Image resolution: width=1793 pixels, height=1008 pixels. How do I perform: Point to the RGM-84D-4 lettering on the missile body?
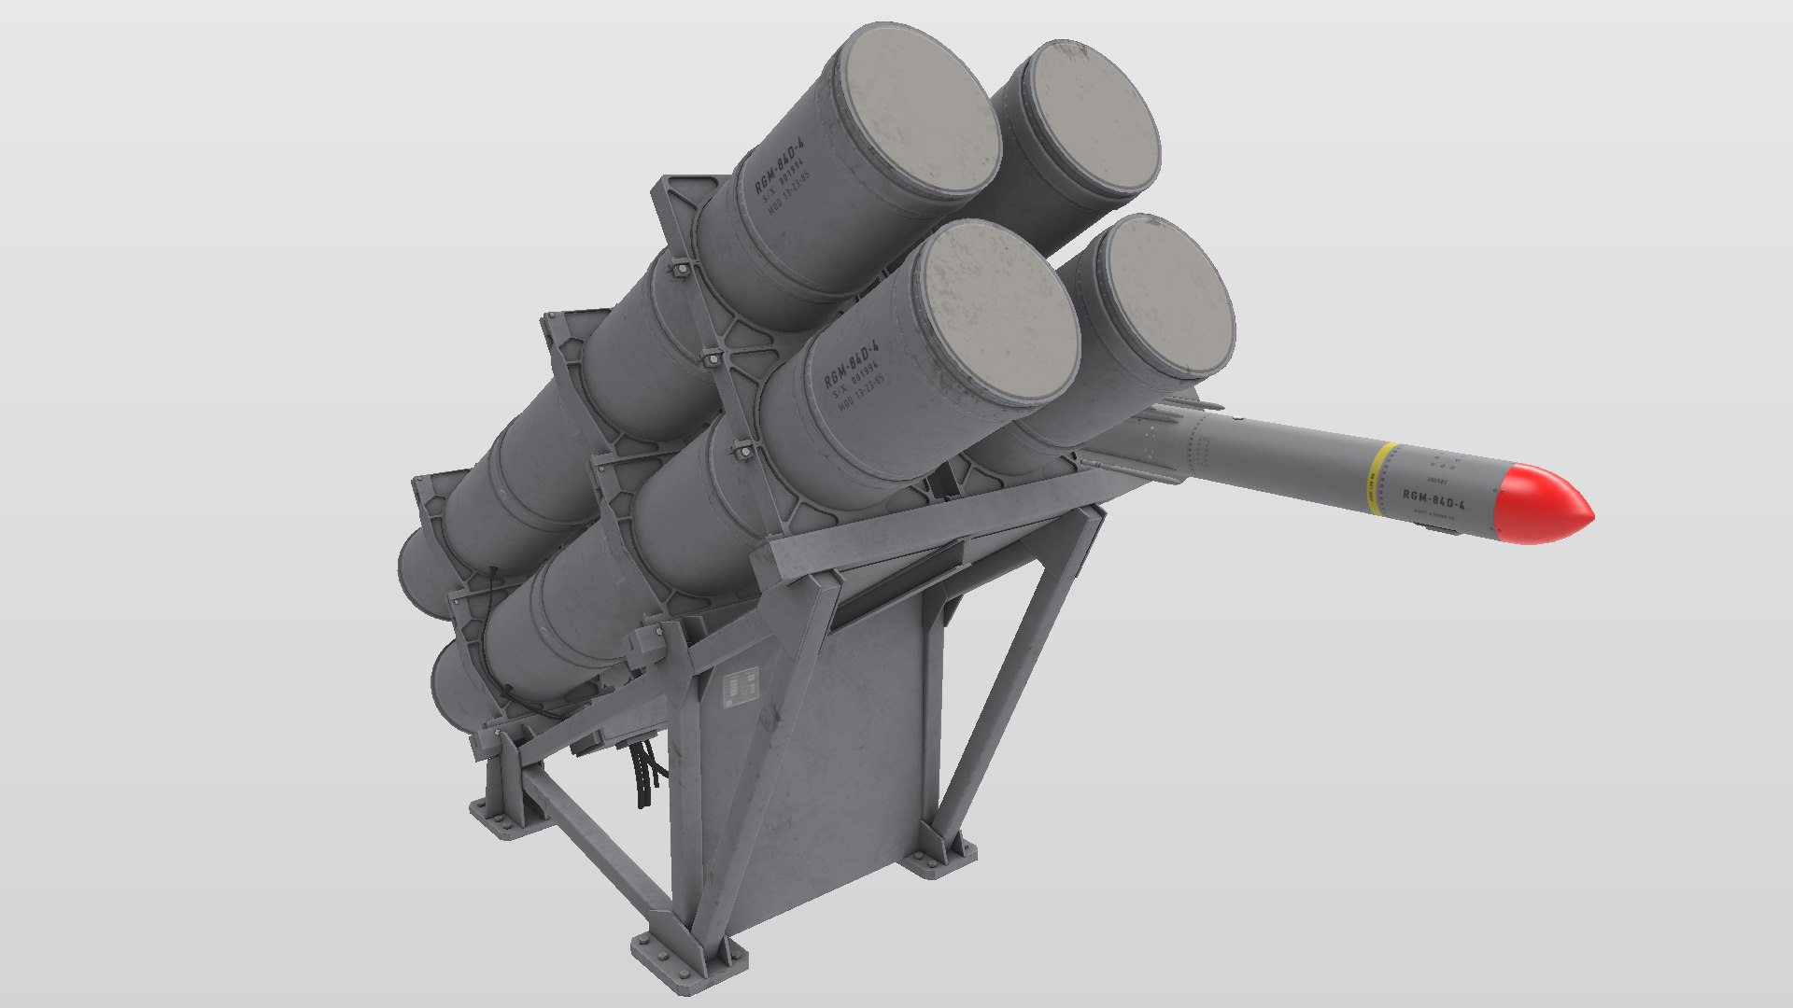coord(1433,502)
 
